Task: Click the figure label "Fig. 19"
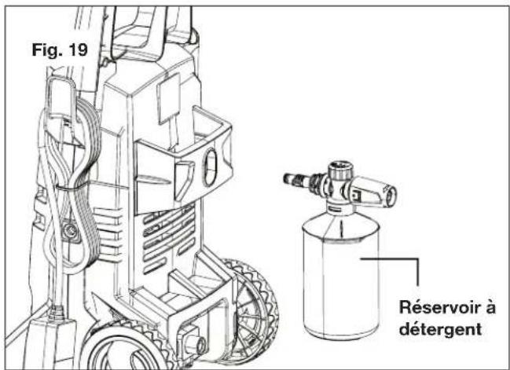pyautogui.click(x=60, y=49)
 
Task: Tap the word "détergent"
pyautogui.click(x=440, y=329)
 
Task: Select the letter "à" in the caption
pyautogui.click(x=491, y=307)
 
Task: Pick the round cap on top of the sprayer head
pyautogui.click(x=340, y=169)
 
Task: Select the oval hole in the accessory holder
pyautogui.click(x=211, y=167)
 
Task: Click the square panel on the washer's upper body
pyautogui.click(x=168, y=98)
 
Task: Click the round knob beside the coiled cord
pyautogui.click(x=70, y=231)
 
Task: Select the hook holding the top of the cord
pyautogui.click(x=61, y=97)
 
